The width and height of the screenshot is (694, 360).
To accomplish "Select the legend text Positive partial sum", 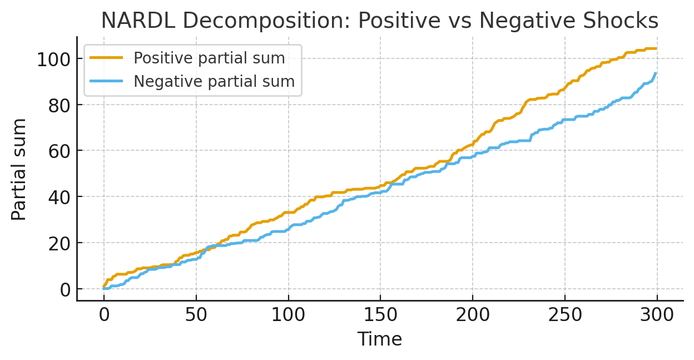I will coord(209,58).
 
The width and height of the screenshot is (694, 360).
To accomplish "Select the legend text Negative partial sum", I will coord(214,82).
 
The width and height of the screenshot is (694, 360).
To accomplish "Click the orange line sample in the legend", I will coord(107,58).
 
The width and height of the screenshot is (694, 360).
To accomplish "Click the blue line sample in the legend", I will coord(107,82).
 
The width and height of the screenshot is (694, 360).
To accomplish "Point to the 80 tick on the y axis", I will coord(59,105).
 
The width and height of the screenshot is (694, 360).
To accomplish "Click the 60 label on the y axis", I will coord(59,151).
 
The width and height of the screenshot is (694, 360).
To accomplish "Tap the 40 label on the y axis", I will coord(59,197).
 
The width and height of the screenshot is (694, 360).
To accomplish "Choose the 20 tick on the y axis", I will coord(59,243).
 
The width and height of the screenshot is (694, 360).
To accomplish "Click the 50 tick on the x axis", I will coord(196,315).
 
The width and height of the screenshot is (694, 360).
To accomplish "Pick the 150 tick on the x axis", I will coord(380,315).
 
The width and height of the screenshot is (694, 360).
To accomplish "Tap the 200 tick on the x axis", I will coord(473,315).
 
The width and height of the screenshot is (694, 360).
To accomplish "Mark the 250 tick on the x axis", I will coord(565,315).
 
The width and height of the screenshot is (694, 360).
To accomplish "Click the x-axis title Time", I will coord(379,339).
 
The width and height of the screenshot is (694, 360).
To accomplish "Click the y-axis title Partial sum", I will coord(19,169).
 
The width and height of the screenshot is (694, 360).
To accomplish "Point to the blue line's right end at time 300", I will coord(657,73).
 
